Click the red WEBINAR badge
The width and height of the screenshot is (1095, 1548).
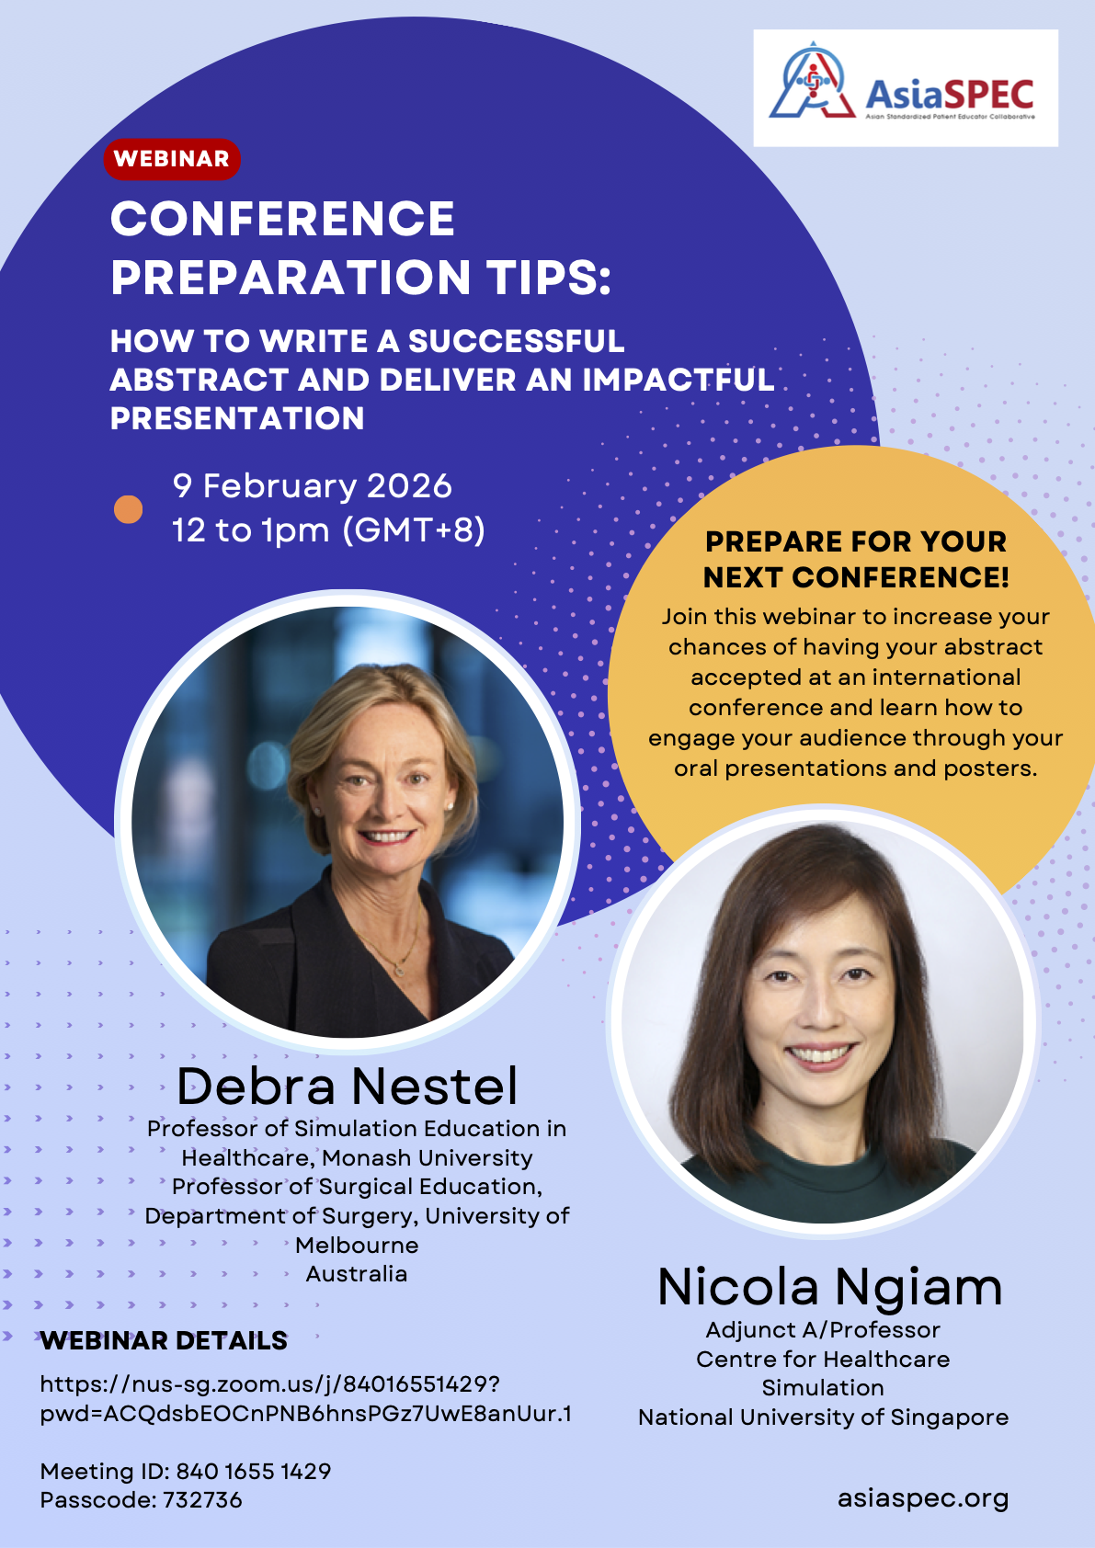click(x=172, y=159)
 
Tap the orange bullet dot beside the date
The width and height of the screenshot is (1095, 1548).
click(x=128, y=509)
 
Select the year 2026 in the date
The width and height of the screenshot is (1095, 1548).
click(x=408, y=486)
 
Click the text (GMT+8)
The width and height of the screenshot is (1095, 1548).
click(x=414, y=530)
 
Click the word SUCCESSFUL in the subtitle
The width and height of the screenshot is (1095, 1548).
click(x=517, y=341)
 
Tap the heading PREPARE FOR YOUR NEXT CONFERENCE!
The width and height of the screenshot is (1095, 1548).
click(x=856, y=560)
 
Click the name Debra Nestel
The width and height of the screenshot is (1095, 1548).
click(x=347, y=1086)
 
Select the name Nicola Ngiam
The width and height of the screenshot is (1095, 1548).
click(x=829, y=1287)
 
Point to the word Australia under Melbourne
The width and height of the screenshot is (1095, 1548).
click(x=357, y=1274)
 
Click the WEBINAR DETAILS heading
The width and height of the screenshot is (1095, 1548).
click(x=164, y=1340)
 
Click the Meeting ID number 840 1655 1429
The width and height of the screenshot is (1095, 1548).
click(x=254, y=1472)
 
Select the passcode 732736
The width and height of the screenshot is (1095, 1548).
click(x=202, y=1500)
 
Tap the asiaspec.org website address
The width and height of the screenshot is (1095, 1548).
click(x=923, y=1499)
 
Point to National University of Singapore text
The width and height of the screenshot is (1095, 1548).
click(x=824, y=1417)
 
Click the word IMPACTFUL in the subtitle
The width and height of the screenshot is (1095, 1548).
click(x=679, y=380)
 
